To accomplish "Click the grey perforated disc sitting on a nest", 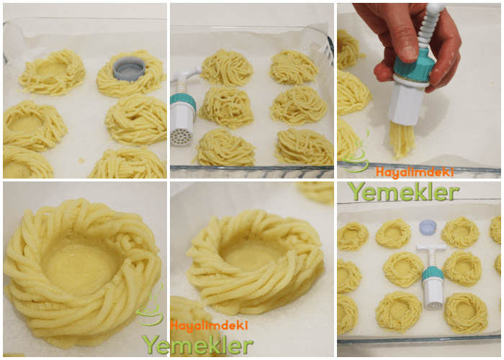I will click(130, 67).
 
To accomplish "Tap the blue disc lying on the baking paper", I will click(428, 228).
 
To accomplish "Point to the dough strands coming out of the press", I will click(402, 140).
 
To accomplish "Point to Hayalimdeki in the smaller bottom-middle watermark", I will click(209, 325).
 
